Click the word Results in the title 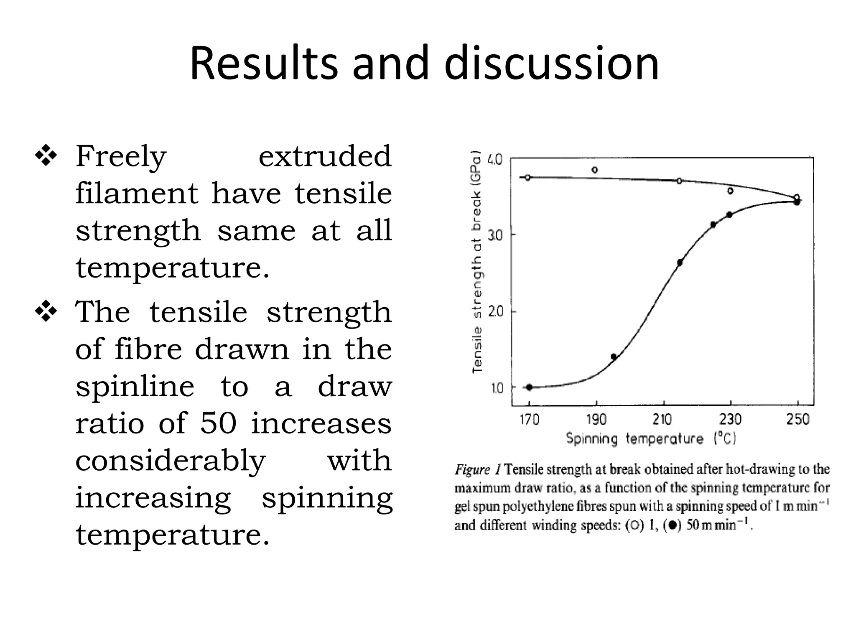click(263, 64)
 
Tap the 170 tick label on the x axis click(529, 419)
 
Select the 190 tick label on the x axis click(596, 419)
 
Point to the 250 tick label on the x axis click(798, 419)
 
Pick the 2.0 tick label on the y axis click(496, 312)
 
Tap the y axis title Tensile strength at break click(477, 262)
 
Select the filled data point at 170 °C click(529, 387)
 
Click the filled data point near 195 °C click(614, 357)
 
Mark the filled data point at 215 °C click(680, 263)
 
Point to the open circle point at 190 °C click(595, 170)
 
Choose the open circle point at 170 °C click(527, 177)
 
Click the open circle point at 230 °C click(730, 191)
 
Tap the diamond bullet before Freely click(46, 157)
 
